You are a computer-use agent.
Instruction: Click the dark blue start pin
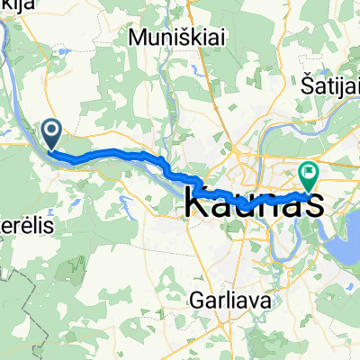tap(51, 135)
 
